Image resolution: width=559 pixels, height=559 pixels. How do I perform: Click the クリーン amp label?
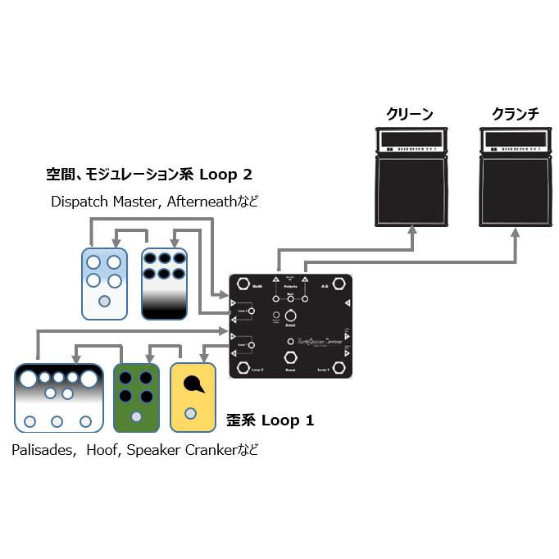409,114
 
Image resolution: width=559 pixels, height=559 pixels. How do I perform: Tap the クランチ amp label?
516,114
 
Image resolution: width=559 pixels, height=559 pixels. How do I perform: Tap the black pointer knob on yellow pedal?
193,383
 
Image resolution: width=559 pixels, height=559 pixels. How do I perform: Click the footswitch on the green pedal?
136,417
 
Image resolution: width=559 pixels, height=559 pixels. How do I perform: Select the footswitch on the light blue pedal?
104,301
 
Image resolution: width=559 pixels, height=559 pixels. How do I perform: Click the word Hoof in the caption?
102,450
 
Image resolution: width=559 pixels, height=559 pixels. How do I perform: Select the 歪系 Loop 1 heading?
270,420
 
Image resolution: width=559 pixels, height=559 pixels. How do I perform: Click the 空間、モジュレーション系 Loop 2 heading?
148,174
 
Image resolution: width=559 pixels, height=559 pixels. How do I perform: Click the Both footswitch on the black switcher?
244,284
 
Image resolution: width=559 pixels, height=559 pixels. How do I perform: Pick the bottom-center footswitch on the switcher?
290,357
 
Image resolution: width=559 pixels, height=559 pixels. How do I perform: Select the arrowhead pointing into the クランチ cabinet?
515,232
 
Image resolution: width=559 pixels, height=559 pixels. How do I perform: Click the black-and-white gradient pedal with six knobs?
164,284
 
